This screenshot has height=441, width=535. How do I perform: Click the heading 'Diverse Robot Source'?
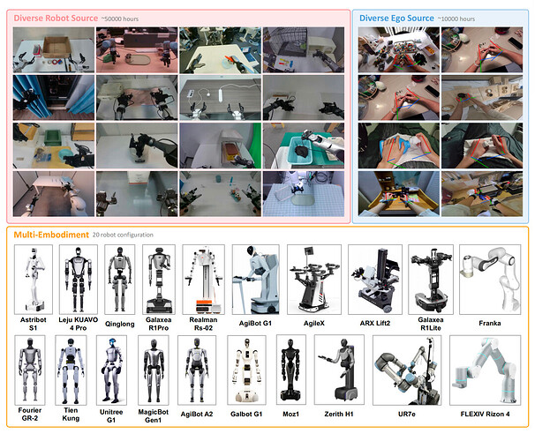coord(56,18)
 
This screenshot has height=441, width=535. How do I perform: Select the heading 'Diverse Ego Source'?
coord(396,18)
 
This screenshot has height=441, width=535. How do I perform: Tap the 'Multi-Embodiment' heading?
coord(51,235)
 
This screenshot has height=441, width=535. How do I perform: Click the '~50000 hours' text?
coord(120,19)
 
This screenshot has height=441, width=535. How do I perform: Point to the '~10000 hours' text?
coord(456,19)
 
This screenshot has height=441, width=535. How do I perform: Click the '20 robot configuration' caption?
coord(123,235)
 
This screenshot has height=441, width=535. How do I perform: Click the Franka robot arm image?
coord(490,280)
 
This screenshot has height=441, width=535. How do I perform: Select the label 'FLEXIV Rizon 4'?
coord(485,414)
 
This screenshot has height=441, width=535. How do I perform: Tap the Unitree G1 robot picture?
coord(111,370)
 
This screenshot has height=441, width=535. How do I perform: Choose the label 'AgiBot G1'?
coord(255,323)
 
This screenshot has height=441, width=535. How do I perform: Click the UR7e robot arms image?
coord(407,370)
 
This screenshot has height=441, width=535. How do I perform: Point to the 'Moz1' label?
coord(290,414)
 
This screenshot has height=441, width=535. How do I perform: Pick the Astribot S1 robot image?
coord(34,280)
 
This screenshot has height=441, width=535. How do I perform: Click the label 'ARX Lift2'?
coord(375,323)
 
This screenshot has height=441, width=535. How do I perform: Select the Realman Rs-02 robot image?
coord(203,280)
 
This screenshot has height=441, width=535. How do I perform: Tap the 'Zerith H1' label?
coord(339,414)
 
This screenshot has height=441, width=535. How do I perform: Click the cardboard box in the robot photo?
coord(57,47)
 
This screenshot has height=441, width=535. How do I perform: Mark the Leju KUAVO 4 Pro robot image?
coord(79,280)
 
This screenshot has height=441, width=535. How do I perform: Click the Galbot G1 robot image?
coord(246,370)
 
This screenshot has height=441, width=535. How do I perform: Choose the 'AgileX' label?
coord(314,323)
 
